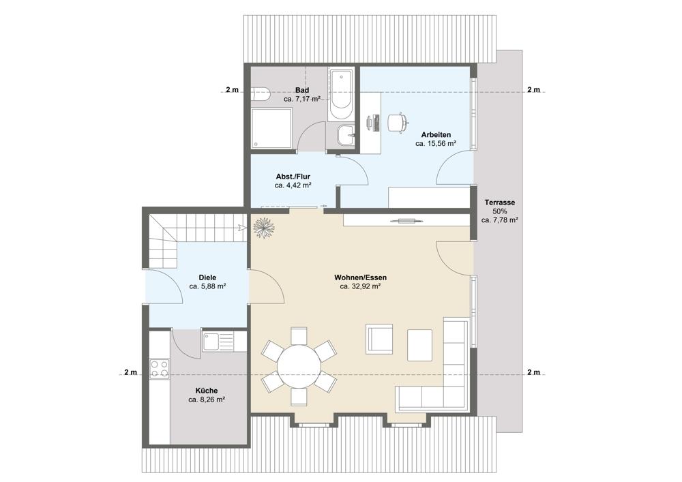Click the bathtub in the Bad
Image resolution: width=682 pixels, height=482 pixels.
340,94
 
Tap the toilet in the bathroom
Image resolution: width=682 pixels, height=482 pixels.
261,93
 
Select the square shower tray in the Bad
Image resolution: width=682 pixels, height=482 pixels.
271,128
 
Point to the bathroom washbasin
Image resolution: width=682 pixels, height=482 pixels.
346,136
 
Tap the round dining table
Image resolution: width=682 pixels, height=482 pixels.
299,366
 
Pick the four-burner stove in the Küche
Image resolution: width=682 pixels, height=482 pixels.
159,369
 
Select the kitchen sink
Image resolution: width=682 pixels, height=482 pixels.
218,341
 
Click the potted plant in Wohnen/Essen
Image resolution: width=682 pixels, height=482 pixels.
263,227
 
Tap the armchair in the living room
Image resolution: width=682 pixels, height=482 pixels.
380,337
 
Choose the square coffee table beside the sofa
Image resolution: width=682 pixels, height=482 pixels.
419,345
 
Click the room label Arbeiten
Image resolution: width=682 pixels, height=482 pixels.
436,135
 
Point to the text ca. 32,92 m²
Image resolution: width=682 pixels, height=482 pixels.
361,286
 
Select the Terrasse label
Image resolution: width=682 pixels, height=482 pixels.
500,202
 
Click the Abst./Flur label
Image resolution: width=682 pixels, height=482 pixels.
293,177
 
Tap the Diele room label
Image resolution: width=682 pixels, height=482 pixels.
207,277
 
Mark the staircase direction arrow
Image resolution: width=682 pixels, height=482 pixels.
241,227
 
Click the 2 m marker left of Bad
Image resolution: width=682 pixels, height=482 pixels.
233,90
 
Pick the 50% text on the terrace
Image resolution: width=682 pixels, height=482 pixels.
499,211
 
